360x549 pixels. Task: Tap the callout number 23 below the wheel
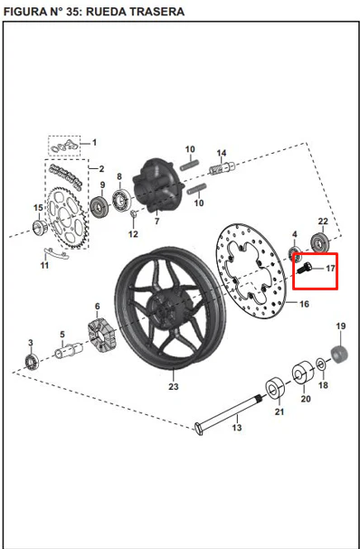tap(174, 386)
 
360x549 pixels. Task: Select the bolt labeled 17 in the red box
tap(304, 268)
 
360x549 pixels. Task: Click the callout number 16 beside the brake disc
tap(304, 304)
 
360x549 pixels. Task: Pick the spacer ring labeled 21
tap(275, 388)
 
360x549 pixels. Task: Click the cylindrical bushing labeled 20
tap(303, 372)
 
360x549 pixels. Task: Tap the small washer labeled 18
tap(321, 364)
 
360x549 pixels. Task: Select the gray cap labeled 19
tap(339, 354)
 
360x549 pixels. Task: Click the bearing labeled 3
tap(32, 362)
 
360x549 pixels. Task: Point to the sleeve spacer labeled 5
tap(69, 350)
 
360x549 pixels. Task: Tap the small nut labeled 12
tap(133, 213)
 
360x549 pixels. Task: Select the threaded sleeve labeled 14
tap(222, 167)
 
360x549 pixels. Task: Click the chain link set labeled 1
tap(64, 146)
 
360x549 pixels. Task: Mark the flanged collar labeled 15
tap(40, 227)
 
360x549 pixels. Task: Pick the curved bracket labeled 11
tap(56, 253)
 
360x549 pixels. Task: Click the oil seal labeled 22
tap(319, 241)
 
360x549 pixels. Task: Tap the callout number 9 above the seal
tap(102, 185)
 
